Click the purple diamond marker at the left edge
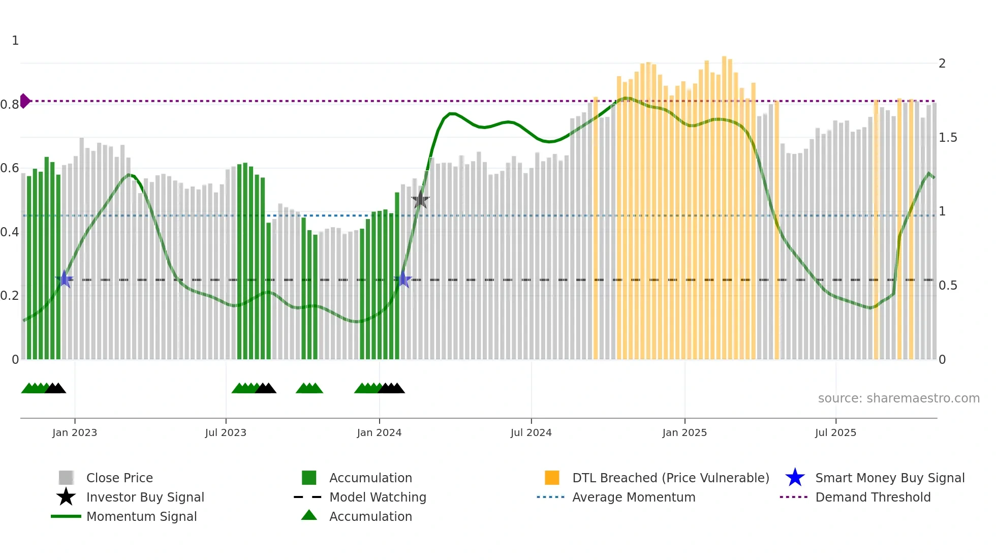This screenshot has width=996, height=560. (24, 101)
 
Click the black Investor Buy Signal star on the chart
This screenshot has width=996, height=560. (420, 200)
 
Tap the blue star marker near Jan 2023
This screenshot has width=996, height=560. (65, 279)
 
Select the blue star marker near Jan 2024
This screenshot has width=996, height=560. (403, 279)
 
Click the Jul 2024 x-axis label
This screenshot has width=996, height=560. (531, 432)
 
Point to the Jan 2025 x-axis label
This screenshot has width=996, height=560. (684, 432)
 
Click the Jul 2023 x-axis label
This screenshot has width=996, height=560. (226, 432)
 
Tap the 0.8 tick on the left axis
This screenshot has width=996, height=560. (10, 105)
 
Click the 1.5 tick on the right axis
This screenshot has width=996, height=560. (948, 138)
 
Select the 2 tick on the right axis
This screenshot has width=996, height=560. (942, 64)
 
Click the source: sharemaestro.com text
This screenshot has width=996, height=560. (898, 398)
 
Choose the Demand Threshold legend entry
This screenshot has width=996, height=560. (873, 497)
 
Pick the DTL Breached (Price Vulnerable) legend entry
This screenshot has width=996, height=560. (670, 478)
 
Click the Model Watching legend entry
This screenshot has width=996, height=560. (378, 497)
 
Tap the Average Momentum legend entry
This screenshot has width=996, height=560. (633, 497)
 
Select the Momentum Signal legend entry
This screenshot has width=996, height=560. (141, 516)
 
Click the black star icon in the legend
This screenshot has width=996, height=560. (66, 497)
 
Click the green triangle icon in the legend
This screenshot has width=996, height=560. (309, 515)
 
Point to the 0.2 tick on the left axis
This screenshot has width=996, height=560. (10, 296)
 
